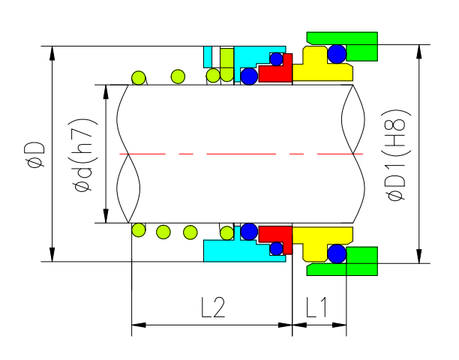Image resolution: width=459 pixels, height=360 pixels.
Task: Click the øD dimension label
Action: [x=34, y=154]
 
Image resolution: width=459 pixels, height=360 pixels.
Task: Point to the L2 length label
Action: [x=213, y=307]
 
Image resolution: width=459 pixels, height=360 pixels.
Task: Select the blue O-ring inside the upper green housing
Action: [x=337, y=53]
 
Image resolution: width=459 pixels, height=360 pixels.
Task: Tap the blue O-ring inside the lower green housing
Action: [x=337, y=253]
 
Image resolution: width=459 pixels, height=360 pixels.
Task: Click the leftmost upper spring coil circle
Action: [x=138, y=76]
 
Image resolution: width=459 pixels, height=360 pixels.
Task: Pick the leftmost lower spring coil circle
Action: [x=138, y=229]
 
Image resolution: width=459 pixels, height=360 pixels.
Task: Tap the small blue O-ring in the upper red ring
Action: [x=277, y=59]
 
